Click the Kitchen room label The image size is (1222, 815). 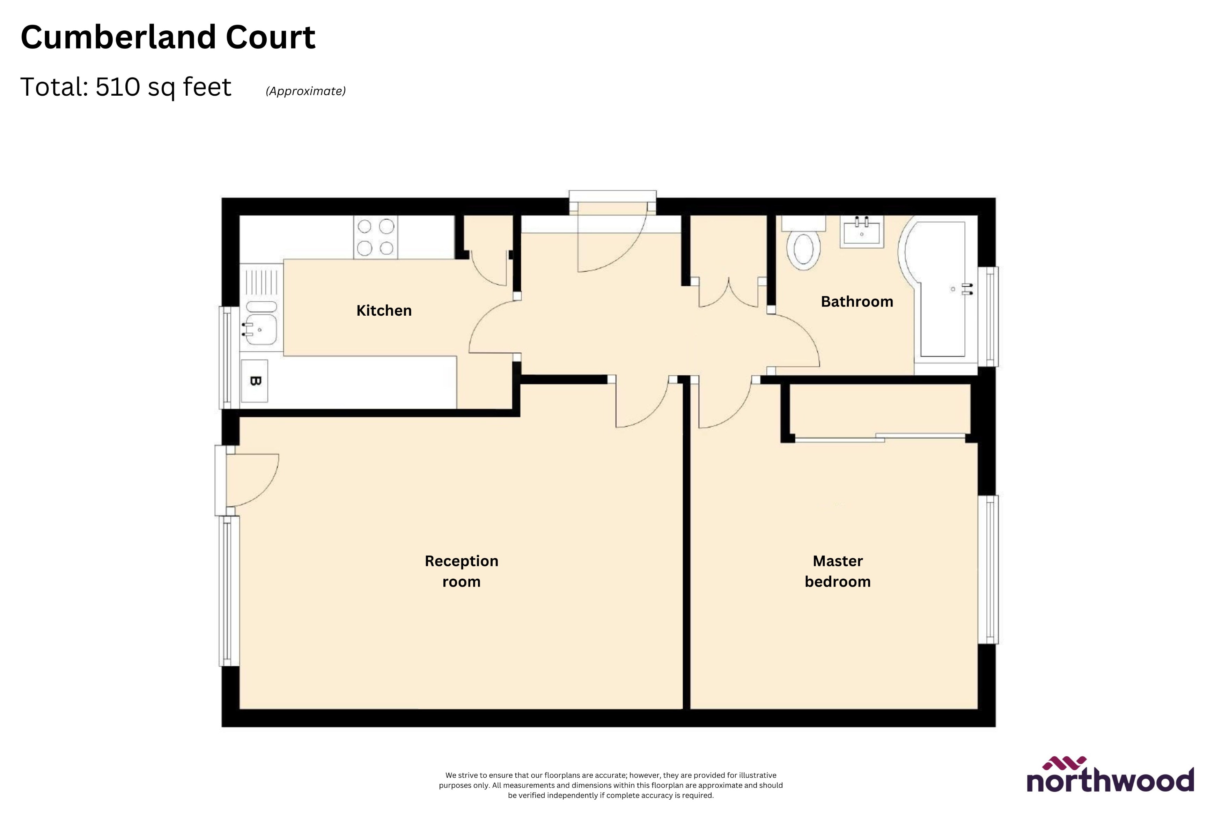coord(384,311)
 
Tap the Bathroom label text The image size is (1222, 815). coord(857,302)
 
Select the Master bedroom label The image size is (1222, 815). coord(838,571)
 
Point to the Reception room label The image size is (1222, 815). coord(461,571)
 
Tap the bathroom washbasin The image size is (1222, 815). coord(862,232)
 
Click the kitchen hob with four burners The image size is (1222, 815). coord(376,237)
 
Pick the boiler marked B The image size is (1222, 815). coord(255,381)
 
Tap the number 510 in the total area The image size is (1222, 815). coord(118,87)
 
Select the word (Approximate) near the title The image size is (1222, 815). coord(305,91)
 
